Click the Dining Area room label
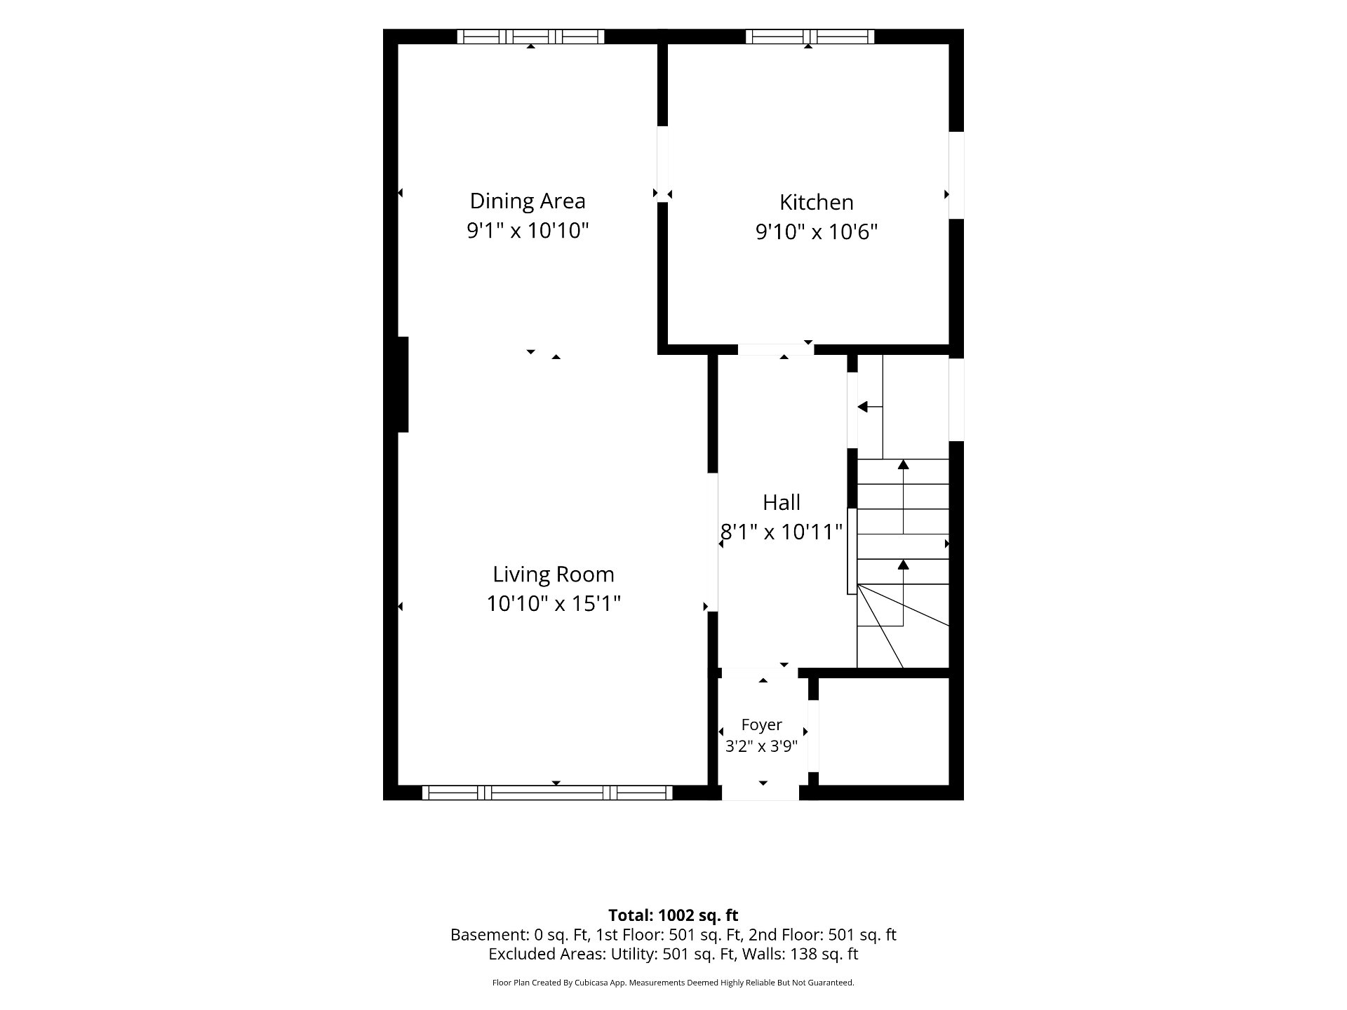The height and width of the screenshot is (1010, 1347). [528, 201]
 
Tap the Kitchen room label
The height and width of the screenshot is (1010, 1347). [817, 203]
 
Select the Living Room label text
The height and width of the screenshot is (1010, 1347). [554, 574]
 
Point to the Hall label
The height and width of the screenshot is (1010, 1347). [782, 502]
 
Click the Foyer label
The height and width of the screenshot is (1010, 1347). [762, 725]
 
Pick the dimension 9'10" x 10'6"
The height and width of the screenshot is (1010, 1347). [817, 231]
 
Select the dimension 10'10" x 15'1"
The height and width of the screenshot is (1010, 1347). [554, 603]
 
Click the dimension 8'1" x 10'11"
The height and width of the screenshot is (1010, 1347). [782, 532]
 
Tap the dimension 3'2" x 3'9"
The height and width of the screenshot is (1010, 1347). [762, 746]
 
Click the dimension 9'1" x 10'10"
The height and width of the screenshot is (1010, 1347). [528, 230]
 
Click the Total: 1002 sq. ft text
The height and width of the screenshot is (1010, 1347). [673, 915]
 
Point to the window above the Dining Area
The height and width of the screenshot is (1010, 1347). [530, 36]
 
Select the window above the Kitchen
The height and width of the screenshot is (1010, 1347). [810, 36]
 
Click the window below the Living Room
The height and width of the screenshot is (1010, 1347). [547, 793]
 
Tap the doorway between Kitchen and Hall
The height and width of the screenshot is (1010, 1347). [776, 349]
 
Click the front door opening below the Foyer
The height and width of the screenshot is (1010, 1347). [760, 793]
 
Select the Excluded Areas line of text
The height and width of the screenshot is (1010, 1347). [673, 954]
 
